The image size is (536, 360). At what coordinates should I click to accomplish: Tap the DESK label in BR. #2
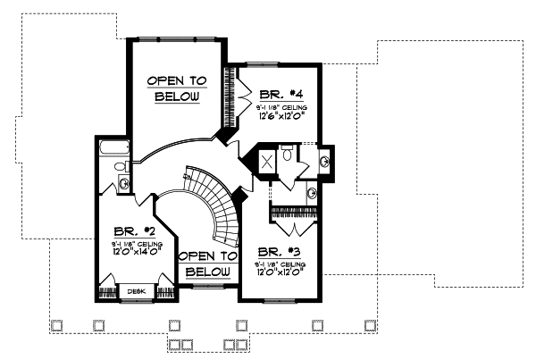[x=137, y=291]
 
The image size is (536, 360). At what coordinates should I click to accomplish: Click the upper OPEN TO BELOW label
[x=177, y=88]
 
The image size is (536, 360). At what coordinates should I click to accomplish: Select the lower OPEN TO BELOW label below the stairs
[x=207, y=264]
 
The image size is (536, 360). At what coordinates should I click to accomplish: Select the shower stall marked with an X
[x=266, y=163]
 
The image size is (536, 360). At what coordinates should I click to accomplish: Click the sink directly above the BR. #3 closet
[x=311, y=192]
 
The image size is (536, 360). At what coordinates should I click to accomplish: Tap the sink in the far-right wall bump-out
[x=325, y=162]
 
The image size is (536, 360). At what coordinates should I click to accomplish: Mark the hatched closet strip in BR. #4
[x=238, y=99]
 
